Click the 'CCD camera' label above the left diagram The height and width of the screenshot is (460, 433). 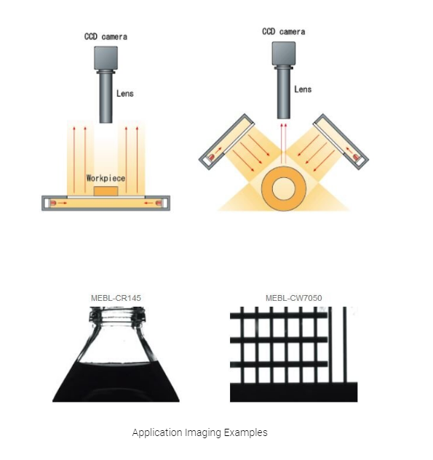click(x=106, y=36)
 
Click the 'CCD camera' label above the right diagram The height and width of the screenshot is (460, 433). click(x=284, y=32)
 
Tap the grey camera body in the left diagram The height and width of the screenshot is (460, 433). click(x=106, y=58)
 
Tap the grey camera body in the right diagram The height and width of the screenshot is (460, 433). click(x=284, y=53)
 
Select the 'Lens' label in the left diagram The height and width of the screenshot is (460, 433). click(x=125, y=94)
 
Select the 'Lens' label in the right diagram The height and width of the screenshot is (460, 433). click(x=303, y=89)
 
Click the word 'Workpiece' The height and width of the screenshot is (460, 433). click(x=106, y=178)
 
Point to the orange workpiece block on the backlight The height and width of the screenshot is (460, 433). click(x=106, y=191)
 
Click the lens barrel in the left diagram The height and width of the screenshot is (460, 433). click(x=106, y=97)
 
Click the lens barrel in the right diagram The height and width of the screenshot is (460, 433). click(x=284, y=92)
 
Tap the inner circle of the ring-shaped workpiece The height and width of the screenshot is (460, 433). click(x=284, y=189)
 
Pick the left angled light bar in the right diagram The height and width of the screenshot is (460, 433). click(x=226, y=142)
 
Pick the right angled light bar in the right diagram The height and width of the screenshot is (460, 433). click(x=341, y=142)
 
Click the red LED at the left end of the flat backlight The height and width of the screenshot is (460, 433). click(x=53, y=203)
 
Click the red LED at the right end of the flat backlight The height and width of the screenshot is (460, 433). click(x=159, y=203)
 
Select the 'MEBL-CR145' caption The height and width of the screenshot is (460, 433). click(x=116, y=298)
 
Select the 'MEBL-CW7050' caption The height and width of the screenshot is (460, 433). click(x=294, y=298)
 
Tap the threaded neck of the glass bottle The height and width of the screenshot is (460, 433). click(x=117, y=315)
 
